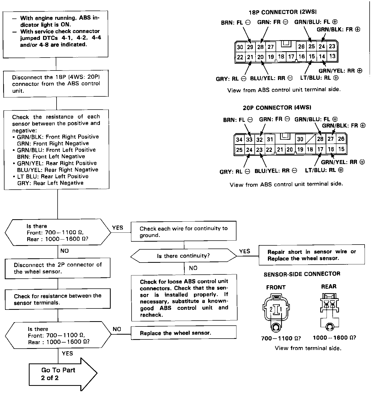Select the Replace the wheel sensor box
(x=184, y=333)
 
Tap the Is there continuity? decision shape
(x=184, y=256)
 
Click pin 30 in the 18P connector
(x=240, y=47)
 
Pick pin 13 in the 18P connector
(x=332, y=56)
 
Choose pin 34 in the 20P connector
(x=239, y=139)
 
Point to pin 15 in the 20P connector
(x=341, y=149)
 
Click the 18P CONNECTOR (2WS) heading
(x=282, y=12)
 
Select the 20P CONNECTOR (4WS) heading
(x=277, y=108)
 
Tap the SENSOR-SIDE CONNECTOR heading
(x=302, y=274)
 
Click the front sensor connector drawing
(x=276, y=312)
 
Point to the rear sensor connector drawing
(x=329, y=310)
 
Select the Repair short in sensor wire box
(x=311, y=255)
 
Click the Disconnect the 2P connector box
(x=58, y=268)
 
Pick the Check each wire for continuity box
(x=184, y=232)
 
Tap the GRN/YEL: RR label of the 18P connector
(x=340, y=71)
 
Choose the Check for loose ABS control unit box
(x=184, y=298)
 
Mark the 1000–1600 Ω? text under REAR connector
(x=334, y=338)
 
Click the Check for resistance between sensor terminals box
(x=58, y=299)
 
